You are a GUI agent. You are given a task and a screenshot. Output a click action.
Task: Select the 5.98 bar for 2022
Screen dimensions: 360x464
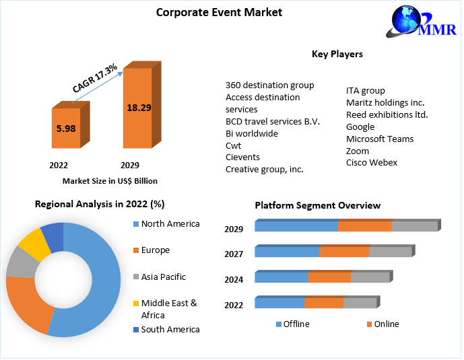pyautogui.click(x=66, y=128)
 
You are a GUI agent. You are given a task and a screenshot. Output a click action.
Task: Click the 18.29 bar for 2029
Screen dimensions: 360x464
pyautogui.click(x=137, y=108)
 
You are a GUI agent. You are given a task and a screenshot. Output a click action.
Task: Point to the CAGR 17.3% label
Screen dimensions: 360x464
pyautogui.click(x=95, y=78)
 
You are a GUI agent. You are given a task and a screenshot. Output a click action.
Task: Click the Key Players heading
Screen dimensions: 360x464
pyautogui.click(x=337, y=54)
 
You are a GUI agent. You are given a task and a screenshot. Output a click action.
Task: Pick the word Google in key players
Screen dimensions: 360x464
pyautogui.click(x=360, y=127)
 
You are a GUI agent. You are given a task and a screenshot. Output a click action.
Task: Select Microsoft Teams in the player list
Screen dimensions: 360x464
pyautogui.click(x=380, y=139)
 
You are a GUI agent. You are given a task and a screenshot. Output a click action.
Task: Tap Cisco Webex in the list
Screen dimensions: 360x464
pyautogui.click(x=372, y=163)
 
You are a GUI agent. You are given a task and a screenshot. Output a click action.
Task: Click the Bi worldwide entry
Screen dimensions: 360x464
pyautogui.click(x=252, y=133)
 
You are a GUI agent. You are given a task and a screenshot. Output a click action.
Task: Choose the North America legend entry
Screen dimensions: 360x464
pyautogui.click(x=170, y=223)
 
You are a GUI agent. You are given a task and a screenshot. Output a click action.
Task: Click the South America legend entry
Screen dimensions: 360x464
pyautogui.click(x=170, y=329)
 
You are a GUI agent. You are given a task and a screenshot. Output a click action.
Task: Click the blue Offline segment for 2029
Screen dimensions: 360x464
pyautogui.click(x=296, y=227)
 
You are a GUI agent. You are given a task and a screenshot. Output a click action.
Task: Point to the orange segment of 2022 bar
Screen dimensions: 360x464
pyautogui.click(x=323, y=303)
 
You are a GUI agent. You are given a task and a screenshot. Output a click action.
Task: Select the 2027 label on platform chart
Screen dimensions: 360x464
pyautogui.click(x=234, y=254)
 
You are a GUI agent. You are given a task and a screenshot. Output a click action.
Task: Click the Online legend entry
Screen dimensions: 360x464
pyautogui.click(x=386, y=324)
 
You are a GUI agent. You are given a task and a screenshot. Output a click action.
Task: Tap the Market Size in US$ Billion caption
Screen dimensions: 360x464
pyautogui.click(x=110, y=180)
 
